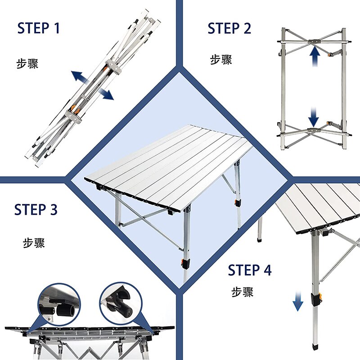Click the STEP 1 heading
tap(39, 28)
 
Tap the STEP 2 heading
tap(229, 28)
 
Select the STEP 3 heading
tap(36, 210)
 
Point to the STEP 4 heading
tap(250, 270)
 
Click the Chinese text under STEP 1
tap(27, 63)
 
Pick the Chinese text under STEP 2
tap(221, 60)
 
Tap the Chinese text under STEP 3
tap(34, 243)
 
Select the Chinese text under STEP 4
tap(243, 292)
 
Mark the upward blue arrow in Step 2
tap(315, 58)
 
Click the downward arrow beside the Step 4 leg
tap(298, 301)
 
